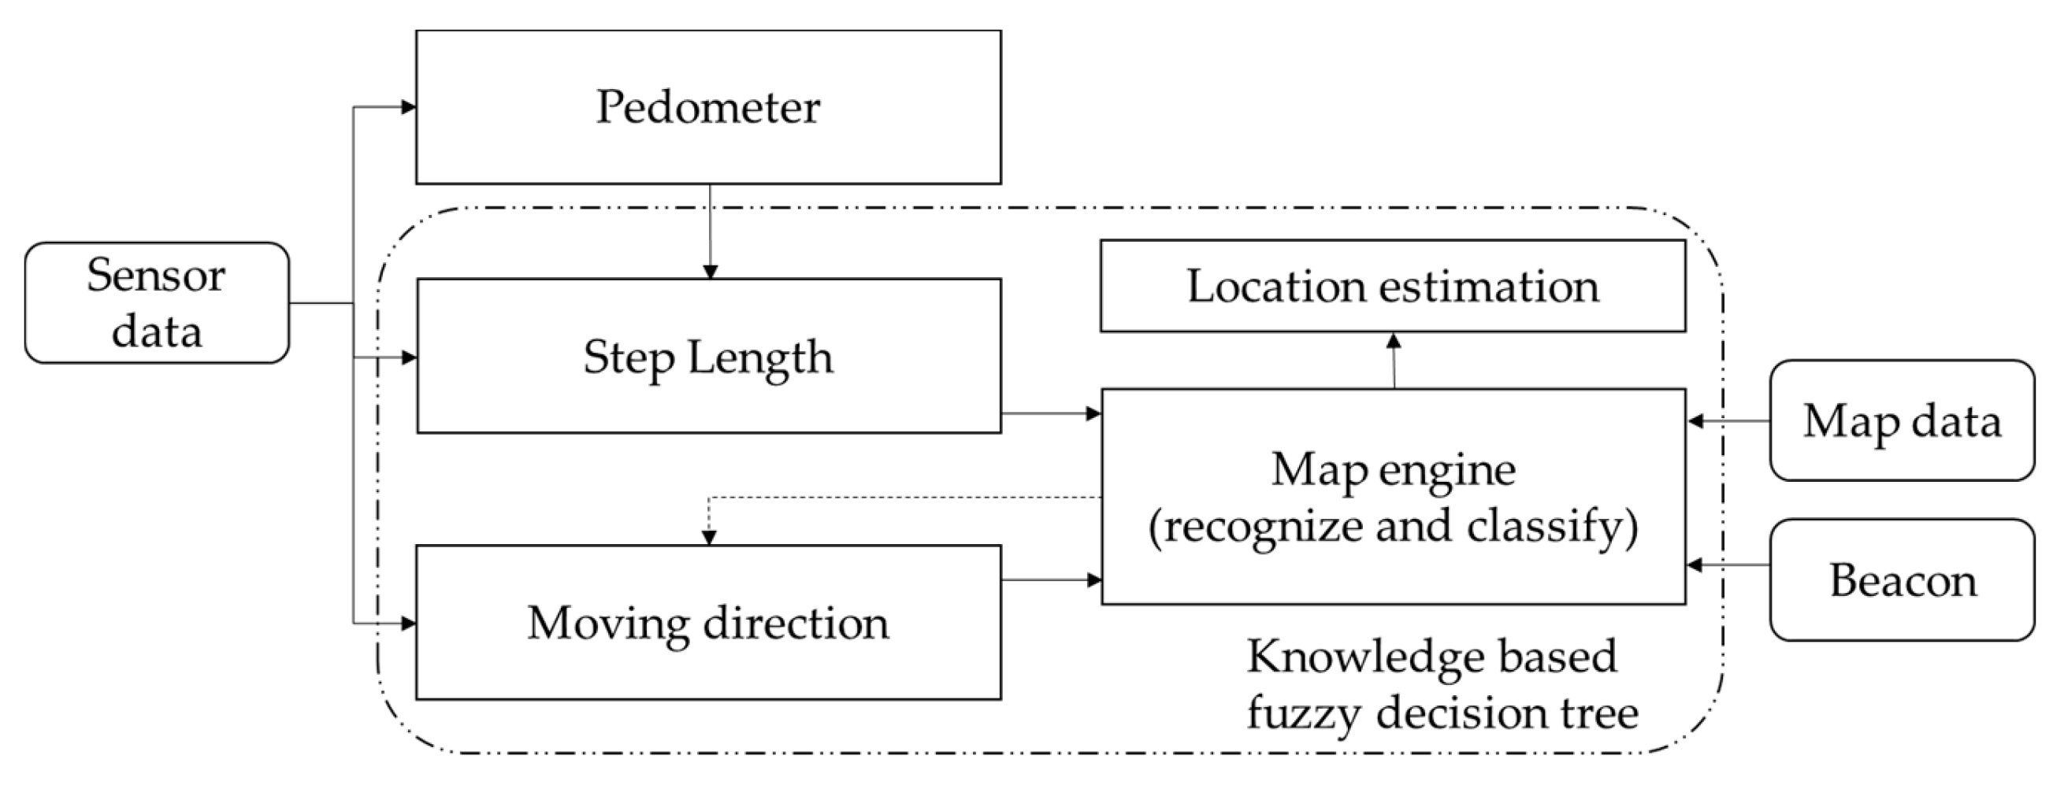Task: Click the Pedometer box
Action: [x=708, y=106]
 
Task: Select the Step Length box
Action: [x=708, y=357]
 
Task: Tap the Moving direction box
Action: [x=708, y=622]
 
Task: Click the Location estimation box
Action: [x=1393, y=286]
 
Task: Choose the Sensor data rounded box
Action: [x=156, y=303]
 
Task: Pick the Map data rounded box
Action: [x=1902, y=420]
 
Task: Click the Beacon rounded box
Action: [x=1902, y=580]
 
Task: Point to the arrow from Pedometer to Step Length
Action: [x=709, y=232]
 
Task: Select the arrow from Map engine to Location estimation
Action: [x=1394, y=361]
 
